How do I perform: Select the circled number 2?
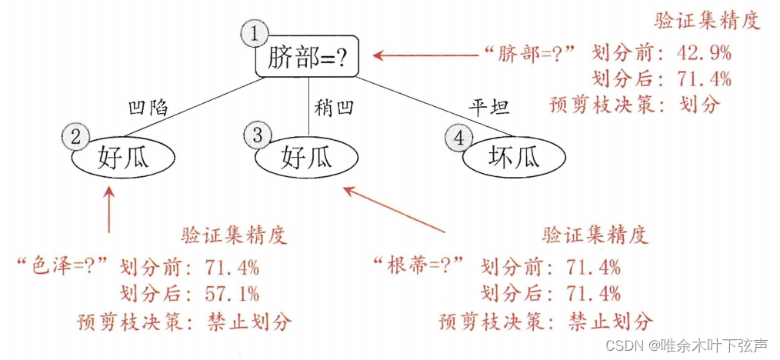[x=75, y=137]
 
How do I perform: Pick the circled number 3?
[x=256, y=135]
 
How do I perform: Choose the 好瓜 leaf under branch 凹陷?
[x=123, y=158]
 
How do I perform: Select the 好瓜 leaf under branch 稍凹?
[x=307, y=158]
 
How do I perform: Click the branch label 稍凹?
[x=334, y=107]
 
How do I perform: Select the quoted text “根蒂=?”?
[x=419, y=267]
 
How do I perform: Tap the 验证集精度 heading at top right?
[x=706, y=21]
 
